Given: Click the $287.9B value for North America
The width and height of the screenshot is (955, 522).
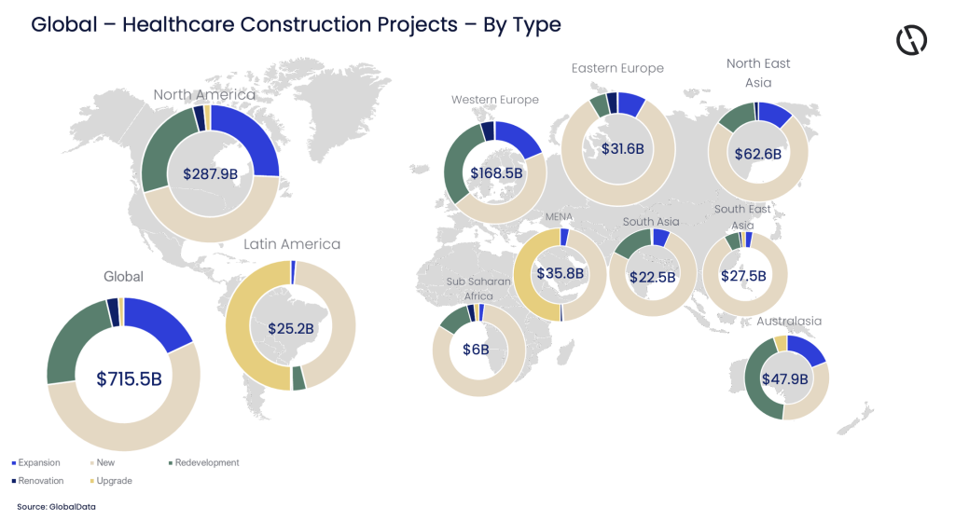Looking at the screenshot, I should tap(210, 173).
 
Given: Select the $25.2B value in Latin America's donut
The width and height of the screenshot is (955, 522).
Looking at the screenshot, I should tap(290, 329).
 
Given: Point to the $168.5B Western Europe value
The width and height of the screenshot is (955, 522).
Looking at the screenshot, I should tap(496, 173).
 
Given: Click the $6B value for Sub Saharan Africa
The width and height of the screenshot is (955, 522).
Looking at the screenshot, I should tap(476, 350).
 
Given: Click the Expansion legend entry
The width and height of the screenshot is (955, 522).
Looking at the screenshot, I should tap(37, 462).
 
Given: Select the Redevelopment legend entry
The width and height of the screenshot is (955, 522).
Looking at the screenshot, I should tap(205, 462).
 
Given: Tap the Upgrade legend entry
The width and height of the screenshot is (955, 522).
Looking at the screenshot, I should tap(113, 481).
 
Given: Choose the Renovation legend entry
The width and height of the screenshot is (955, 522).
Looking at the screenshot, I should tap(39, 481).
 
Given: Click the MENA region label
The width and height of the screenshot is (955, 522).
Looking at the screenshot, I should tap(559, 217).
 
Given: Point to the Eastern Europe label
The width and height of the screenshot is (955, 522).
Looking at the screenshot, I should tap(617, 68).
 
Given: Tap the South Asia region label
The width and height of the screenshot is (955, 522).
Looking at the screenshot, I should tap(651, 222).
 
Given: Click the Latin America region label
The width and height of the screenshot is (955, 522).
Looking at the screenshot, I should tap(292, 244).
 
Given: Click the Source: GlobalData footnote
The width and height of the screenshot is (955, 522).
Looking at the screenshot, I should tap(55, 506).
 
